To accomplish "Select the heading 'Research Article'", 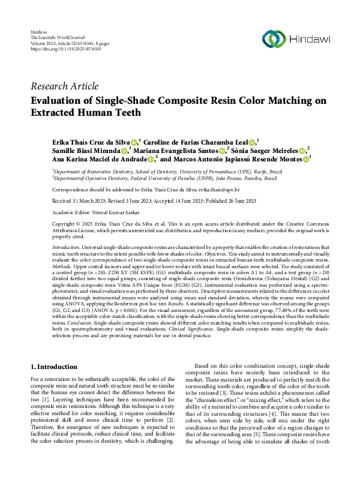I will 64,86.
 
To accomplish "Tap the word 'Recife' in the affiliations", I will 249,170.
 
